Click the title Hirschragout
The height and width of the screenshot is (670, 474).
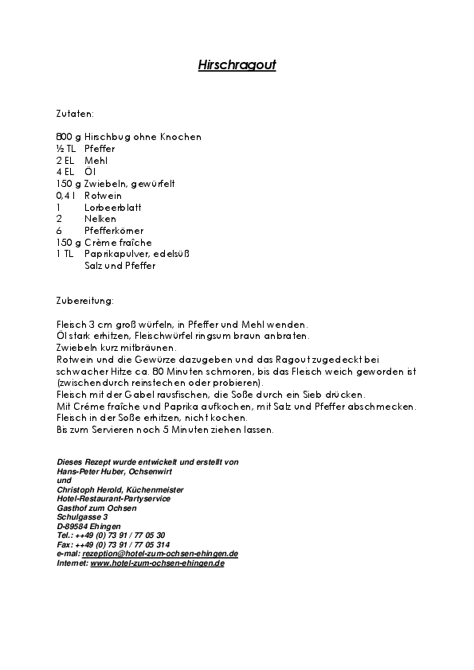(x=237, y=66)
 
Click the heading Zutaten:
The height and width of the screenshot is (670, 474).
(x=76, y=114)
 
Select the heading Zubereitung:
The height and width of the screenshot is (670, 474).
(x=85, y=301)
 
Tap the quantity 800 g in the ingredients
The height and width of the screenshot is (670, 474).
(x=69, y=137)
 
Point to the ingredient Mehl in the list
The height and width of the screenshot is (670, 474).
(x=96, y=160)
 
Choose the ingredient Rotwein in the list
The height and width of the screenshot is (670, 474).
(x=102, y=195)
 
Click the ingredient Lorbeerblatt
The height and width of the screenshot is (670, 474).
(x=111, y=207)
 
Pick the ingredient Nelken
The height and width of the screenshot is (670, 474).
(x=100, y=219)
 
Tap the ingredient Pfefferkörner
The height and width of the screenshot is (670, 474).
(x=114, y=231)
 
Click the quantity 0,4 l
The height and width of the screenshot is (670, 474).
(x=66, y=195)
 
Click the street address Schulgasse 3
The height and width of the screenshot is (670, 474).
(x=82, y=517)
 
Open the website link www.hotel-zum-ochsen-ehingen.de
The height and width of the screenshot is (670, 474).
(x=157, y=563)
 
